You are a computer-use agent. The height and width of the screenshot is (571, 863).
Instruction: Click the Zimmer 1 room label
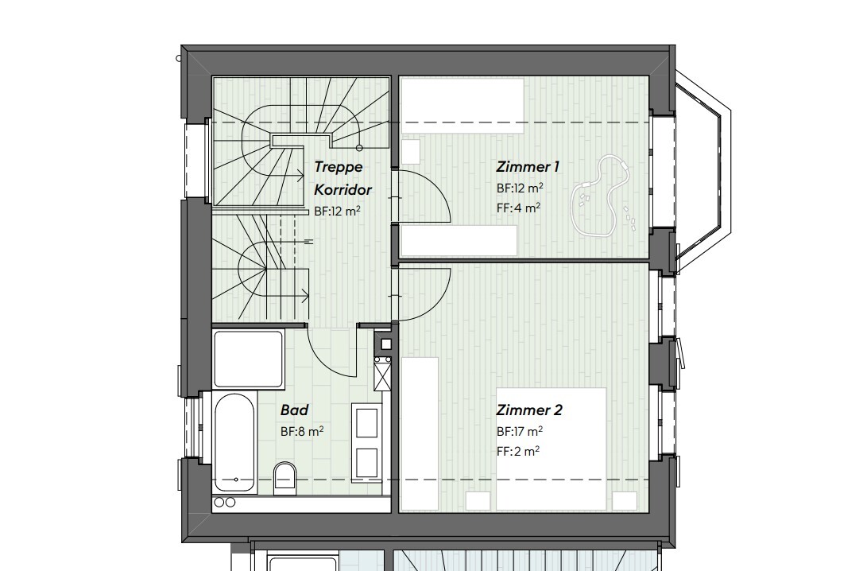[528, 167]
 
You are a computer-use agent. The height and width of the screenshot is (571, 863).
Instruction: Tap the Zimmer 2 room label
[529, 411]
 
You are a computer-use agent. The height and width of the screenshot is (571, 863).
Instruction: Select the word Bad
[294, 411]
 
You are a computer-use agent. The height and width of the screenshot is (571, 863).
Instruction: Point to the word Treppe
[339, 167]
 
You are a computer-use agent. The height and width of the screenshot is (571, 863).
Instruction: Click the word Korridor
[343, 190]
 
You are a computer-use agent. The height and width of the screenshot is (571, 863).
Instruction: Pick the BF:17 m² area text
[520, 432]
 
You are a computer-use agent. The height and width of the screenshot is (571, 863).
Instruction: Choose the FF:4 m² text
[518, 208]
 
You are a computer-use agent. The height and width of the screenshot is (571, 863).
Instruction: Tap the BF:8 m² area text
[302, 432]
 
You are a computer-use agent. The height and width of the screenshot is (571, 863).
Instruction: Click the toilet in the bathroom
[284, 477]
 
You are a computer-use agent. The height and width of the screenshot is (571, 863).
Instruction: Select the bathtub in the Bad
[235, 442]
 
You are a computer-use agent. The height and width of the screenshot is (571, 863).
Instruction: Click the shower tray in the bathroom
[249, 359]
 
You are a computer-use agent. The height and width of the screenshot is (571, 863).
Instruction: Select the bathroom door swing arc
[332, 350]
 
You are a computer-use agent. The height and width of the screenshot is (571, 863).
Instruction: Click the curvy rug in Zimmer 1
[604, 195]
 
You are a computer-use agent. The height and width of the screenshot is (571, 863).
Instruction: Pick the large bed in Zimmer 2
[551, 449]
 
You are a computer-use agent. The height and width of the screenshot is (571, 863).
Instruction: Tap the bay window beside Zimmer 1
[699, 172]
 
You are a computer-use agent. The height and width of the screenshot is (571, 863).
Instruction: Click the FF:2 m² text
[518, 451]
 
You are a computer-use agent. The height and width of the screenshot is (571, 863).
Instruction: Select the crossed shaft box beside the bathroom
[383, 372]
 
